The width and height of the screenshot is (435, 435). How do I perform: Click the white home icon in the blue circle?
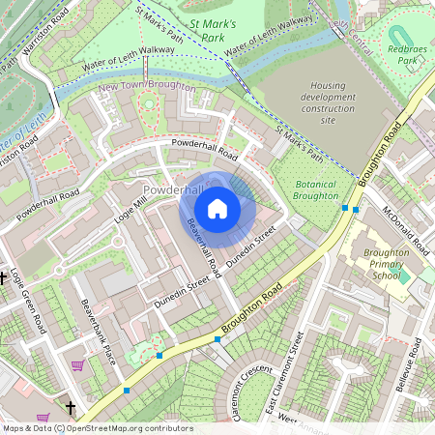tap(217, 208)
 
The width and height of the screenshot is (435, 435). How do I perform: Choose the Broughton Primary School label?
tap(373, 264)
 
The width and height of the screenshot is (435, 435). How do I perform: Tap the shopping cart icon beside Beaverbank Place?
tap(76, 365)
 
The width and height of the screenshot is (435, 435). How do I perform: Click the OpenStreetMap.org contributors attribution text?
tap(124, 428)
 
